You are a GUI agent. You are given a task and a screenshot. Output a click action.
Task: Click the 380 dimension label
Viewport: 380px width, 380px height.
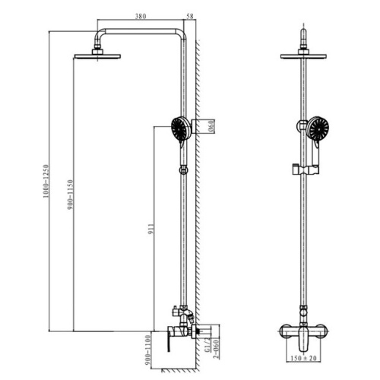[x=141, y=16]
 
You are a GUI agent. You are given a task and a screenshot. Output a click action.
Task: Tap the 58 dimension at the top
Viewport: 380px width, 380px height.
[x=190, y=16]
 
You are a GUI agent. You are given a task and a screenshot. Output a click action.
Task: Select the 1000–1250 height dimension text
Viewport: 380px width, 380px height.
[x=46, y=181]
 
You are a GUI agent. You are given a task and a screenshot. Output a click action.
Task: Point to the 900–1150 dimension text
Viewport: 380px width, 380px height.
[x=71, y=195]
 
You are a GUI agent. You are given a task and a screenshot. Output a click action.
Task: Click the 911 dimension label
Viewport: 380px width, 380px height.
[x=151, y=230]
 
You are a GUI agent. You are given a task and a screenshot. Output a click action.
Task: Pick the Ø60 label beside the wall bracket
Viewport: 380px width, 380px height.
[x=212, y=126]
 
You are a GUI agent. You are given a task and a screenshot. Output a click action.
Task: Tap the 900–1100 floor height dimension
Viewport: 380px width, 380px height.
[x=148, y=350]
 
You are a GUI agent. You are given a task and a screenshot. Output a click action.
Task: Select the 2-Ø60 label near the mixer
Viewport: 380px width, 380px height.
[x=216, y=349]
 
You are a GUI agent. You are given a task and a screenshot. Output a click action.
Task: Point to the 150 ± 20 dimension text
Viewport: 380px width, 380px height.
[x=303, y=358]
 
